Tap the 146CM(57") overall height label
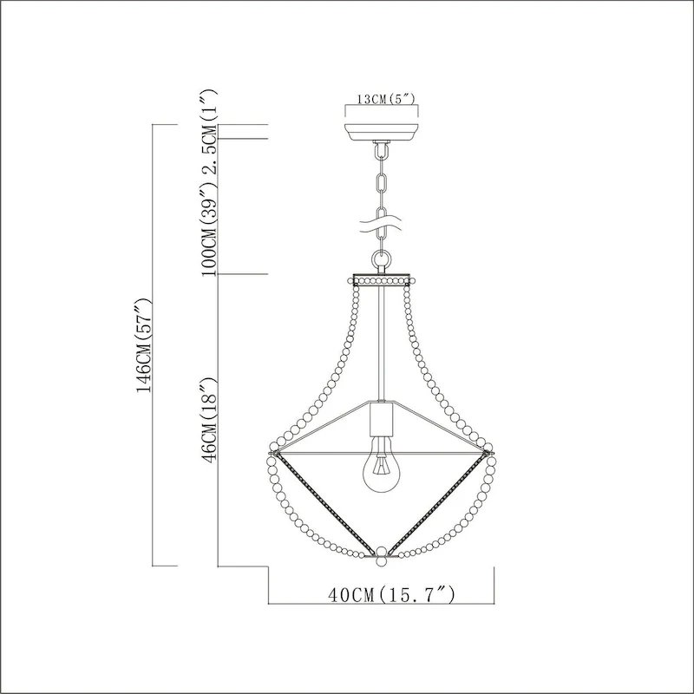[x=144, y=344]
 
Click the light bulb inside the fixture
[x=381, y=469]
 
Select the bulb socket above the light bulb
[x=381, y=422]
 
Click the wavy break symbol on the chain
[x=382, y=226]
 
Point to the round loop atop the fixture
[x=381, y=259]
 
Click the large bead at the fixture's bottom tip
[x=381, y=553]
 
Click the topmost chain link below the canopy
[x=380, y=154]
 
